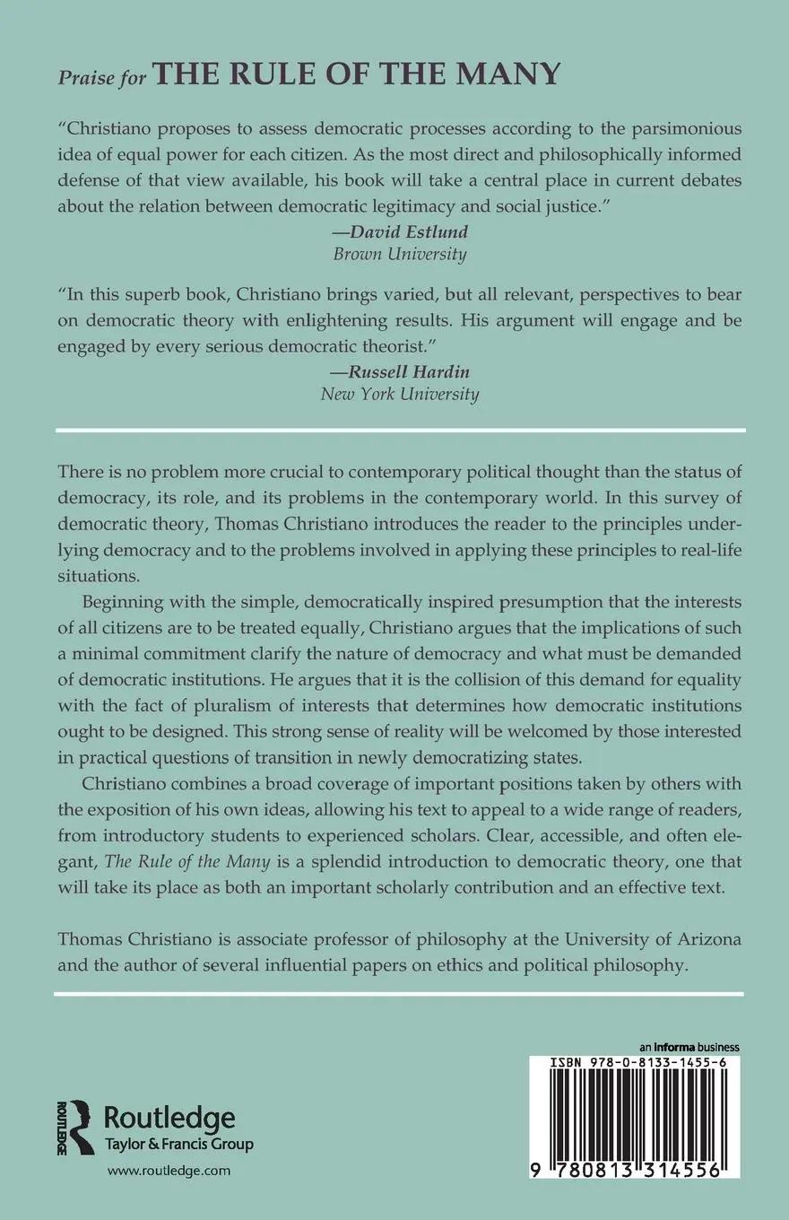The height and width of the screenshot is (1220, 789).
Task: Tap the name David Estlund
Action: [x=400, y=232]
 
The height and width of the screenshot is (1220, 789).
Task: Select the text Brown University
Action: [x=400, y=254]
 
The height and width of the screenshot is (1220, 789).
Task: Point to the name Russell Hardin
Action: [x=400, y=372]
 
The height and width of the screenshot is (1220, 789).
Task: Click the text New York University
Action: [x=400, y=394]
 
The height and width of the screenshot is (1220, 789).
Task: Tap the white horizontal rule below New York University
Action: [x=399, y=431]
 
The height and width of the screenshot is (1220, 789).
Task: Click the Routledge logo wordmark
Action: [x=170, y=1119]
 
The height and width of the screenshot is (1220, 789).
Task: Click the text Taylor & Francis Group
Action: [x=179, y=1145]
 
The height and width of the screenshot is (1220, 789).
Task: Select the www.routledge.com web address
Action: [x=169, y=1171]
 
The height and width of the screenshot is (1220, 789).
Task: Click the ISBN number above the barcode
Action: [x=640, y=1062]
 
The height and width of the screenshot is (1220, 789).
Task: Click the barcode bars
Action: [x=640, y=1112]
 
